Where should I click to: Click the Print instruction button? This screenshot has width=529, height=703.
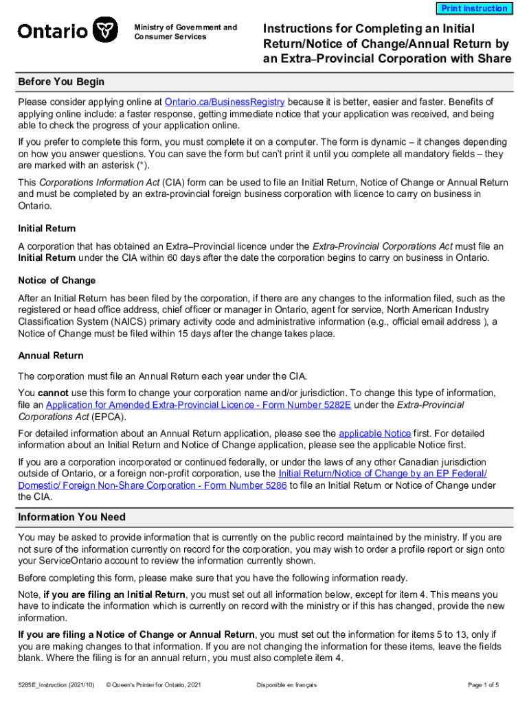tap(473, 9)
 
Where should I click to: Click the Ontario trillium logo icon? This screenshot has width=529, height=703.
tap(104, 30)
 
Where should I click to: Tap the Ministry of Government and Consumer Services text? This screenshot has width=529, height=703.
tap(185, 32)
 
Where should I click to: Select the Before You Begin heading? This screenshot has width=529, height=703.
tap(61, 82)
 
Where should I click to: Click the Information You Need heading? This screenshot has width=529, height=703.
tap(71, 517)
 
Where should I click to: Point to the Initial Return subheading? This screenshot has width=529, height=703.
tap(47, 228)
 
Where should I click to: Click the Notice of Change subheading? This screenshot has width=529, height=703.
tap(56, 281)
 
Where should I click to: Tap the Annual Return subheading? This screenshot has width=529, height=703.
tap(51, 356)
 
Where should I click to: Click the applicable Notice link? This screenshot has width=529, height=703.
tap(374, 434)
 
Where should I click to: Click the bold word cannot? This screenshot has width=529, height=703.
tap(54, 393)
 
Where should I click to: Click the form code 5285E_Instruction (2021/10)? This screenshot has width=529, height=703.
tap(56, 685)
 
